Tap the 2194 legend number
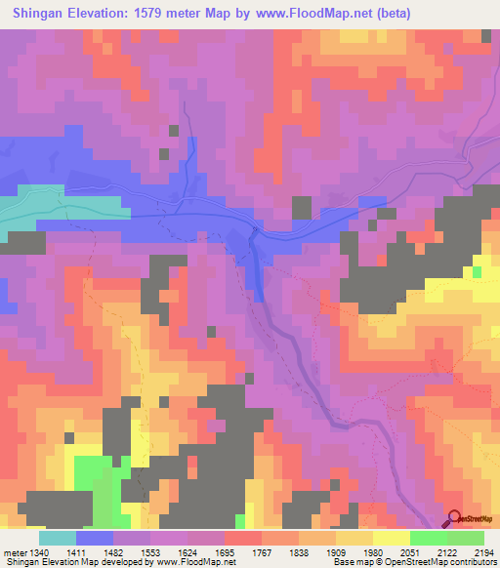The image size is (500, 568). coord(484,551)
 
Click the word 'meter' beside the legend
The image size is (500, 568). coord(15,551)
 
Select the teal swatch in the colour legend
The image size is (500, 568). coord(58,538)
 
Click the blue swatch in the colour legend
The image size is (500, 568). coord(95,538)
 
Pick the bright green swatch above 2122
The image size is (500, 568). coord(429,538)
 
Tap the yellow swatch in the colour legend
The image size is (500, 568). coord(392,538)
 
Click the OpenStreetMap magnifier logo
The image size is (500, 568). coord(455,519)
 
